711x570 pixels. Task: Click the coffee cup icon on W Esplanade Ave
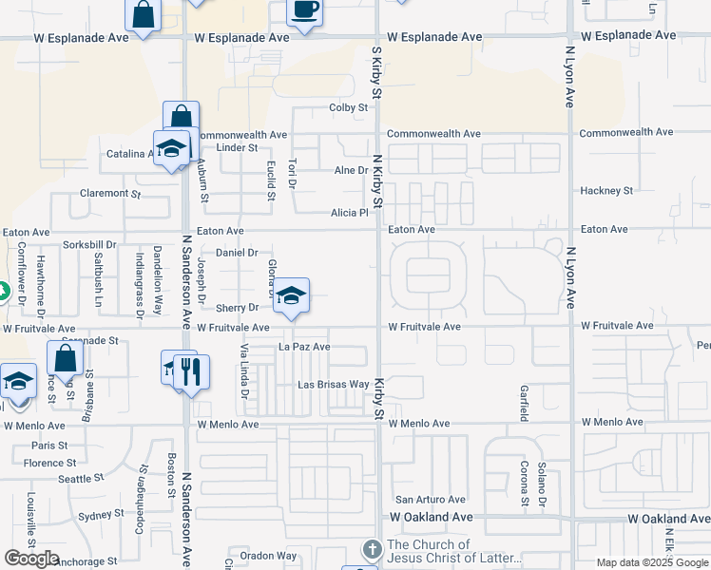coord(304,10)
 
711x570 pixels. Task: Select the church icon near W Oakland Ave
coord(371,550)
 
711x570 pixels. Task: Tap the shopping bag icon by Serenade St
coord(65,360)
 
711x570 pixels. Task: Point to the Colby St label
coord(348,108)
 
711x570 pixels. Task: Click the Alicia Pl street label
coord(349,213)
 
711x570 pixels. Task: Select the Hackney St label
coord(606,191)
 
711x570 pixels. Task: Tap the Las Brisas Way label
coord(333,385)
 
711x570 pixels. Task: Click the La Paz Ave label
coord(303,347)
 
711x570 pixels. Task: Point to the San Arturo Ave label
coord(431,500)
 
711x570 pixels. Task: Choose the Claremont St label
coord(109,193)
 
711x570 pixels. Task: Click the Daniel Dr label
coord(237,253)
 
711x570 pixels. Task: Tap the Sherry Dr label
coord(237,308)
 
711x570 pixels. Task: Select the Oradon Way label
coord(268,556)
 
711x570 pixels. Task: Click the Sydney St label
coord(95,515)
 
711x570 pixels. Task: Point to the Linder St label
coord(237,148)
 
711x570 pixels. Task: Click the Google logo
coord(31,559)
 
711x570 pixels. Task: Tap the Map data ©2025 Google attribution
coord(652,562)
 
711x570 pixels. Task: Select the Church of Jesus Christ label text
coord(454,551)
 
